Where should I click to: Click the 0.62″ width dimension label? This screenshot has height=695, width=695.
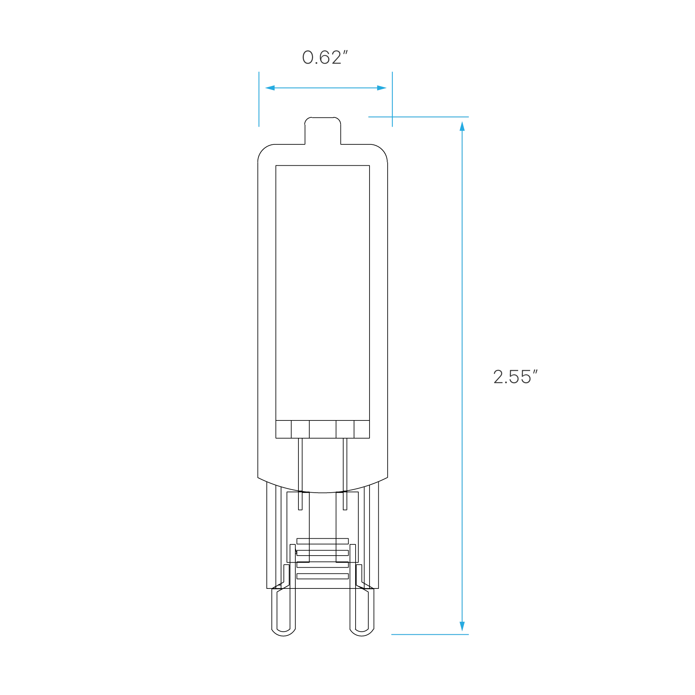click(325, 57)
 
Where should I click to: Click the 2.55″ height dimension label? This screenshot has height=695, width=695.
click(515, 377)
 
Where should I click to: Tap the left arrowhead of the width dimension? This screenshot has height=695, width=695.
click(270, 88)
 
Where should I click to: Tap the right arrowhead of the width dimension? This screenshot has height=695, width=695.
click(381, 88)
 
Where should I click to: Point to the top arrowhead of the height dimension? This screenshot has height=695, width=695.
click(462, 126)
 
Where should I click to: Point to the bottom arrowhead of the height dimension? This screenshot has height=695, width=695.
click(462, 626)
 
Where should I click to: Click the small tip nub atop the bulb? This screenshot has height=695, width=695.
click(323, 131)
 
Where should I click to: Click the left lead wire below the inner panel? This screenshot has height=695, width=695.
click(300, 474)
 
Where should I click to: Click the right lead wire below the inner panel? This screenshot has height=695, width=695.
click(345, 474)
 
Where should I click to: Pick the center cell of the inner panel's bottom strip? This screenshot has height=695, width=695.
click(323, 429)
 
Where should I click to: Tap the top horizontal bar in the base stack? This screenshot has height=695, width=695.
click(323, 541)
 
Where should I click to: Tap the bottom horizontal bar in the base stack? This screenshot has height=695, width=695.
click(323, 576)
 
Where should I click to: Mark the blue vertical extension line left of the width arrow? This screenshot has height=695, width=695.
click(259, 99)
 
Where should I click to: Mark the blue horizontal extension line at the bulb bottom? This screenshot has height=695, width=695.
click(430, 634)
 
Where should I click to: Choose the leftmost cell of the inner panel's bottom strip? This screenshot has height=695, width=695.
click(283, 429)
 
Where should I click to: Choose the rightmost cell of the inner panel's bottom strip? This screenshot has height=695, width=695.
click(362, 429)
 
